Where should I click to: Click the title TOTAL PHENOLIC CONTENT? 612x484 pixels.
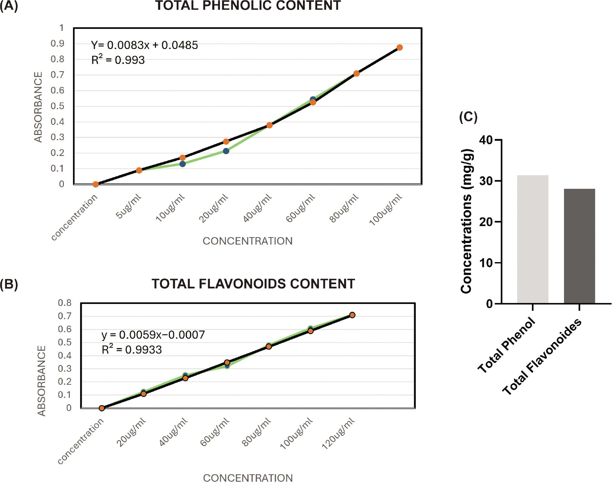click(x=248, y=6)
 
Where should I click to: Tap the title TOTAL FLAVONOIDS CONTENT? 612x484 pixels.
click(x=253, y=284)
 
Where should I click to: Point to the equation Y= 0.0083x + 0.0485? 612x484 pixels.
click(x=144, y=45)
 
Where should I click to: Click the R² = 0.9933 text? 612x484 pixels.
click(x=132, y=350)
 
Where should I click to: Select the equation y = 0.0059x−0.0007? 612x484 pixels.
click(x=153, y=335)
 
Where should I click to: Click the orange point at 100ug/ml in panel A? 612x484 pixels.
click(x=400, y=48)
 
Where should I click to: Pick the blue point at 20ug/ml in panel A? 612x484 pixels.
click(x=226, y=151)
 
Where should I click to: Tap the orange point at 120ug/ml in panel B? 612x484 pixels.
click(x=352, y=315)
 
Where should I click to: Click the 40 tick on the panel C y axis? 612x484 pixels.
click(x=486, y=140)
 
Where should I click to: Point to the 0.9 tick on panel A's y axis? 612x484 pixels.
click(x=57, y=43)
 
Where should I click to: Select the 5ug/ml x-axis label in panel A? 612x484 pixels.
click(x=129, y=207)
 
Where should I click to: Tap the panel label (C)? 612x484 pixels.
click(x=468, y=117)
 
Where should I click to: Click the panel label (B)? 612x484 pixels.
click(x=9, y=284)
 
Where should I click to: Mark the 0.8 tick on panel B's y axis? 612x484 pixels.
click(x=65, y=303)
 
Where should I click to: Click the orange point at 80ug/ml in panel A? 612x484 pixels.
click(x=356, y=74)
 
